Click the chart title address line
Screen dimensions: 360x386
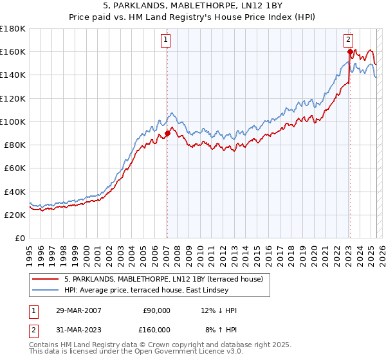[x=192, y=6]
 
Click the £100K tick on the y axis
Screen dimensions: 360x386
[x=14, y=122]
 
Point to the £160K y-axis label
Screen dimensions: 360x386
[x=14, y=51]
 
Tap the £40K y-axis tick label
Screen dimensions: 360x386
[x=15, y=192]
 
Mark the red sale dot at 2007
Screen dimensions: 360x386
[x=167, y=134]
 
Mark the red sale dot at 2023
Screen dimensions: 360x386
[x=350, y=51]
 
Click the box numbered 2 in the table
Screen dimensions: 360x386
[x=33, y=330]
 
